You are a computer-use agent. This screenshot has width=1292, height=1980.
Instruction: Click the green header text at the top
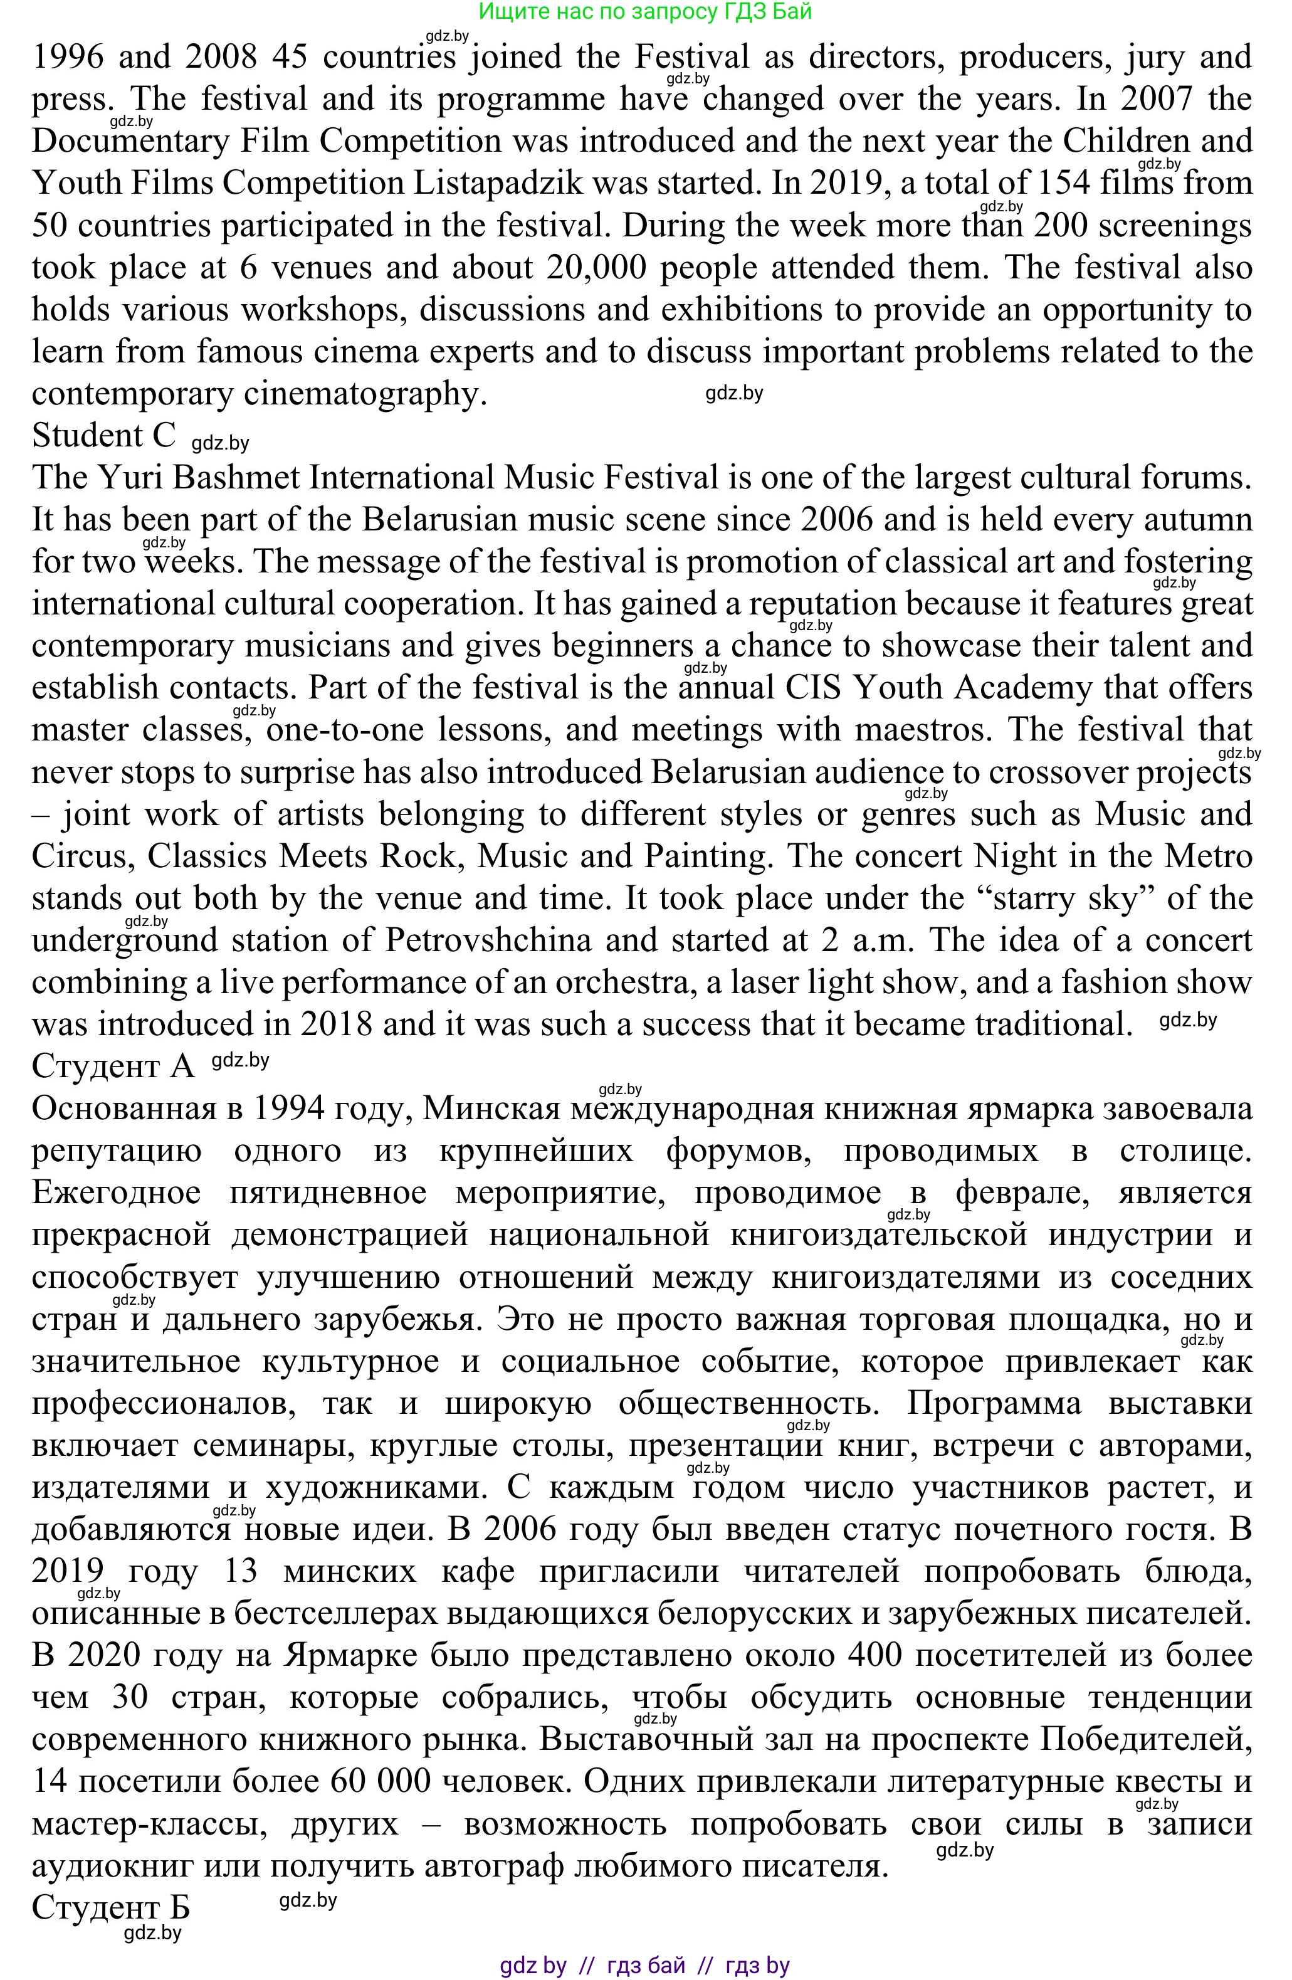coord(645,12)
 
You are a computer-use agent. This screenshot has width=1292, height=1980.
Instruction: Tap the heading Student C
coord(104,436)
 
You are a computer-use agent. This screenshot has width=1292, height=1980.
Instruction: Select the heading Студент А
coord(113,1066)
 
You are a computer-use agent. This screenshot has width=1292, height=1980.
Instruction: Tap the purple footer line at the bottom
coord(645,1964)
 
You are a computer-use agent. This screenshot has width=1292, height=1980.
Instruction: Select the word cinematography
coord(363,394)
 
